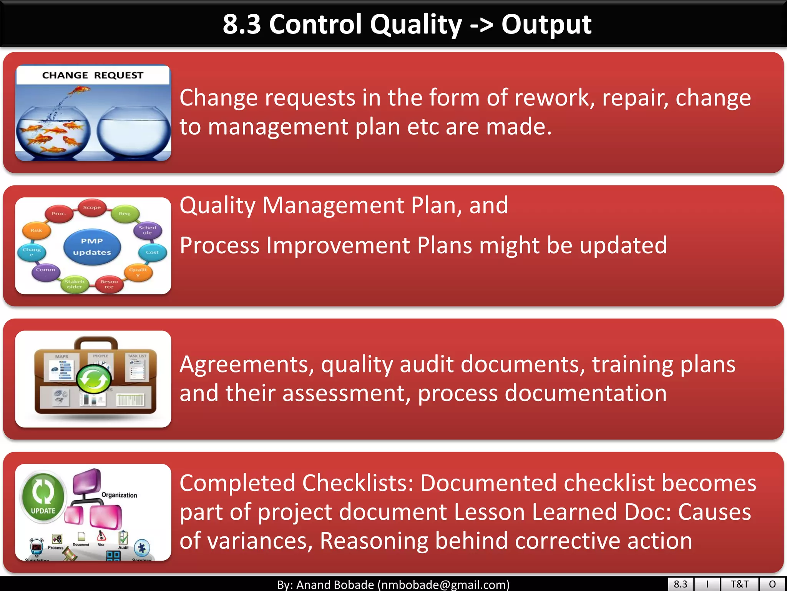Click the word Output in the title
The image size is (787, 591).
coord(546,25)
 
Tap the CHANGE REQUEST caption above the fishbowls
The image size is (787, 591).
coord(93,75)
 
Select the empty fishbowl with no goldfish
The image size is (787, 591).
coord(133,133)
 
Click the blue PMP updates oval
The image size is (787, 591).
coord(92,247)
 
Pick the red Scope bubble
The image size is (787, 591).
coord(92,207)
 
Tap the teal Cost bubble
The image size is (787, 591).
coord(152,252)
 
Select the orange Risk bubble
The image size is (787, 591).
coord(36,230)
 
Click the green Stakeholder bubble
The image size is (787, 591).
coord(75,284)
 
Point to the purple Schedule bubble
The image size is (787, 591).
coord(148,230)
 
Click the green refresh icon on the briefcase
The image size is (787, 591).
coord(93,379)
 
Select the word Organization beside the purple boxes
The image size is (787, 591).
coord(119,495)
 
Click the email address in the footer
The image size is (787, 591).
coord(443,585)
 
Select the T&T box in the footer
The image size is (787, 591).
coord(739,584)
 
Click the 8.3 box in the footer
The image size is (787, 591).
coord(680,584)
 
